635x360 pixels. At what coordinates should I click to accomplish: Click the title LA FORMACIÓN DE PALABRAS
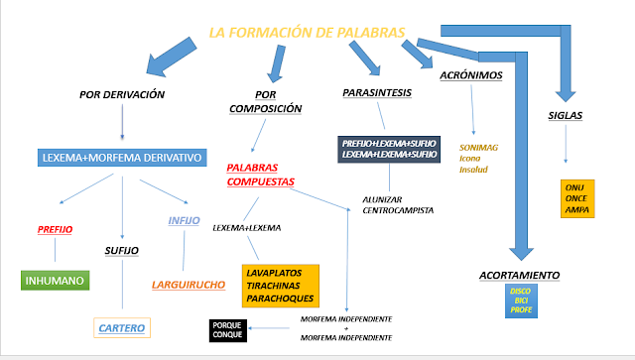(x=308, y=33)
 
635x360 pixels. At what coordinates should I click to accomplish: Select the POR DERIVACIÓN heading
(x=122, y=95)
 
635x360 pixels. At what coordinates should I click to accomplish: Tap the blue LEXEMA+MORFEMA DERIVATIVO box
(x=122, y=158)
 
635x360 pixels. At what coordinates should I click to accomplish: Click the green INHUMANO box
(x=55, y=280)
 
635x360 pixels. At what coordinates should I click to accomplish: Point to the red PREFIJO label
(x=56, y=229)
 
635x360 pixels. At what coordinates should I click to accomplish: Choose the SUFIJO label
(x=123, y=252)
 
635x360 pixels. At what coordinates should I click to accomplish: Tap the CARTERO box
(x=123, y=326)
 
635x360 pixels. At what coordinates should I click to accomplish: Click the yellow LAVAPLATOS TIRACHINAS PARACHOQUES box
(x=281, y=284)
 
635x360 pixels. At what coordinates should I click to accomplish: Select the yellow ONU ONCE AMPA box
(x=576, y=196)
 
